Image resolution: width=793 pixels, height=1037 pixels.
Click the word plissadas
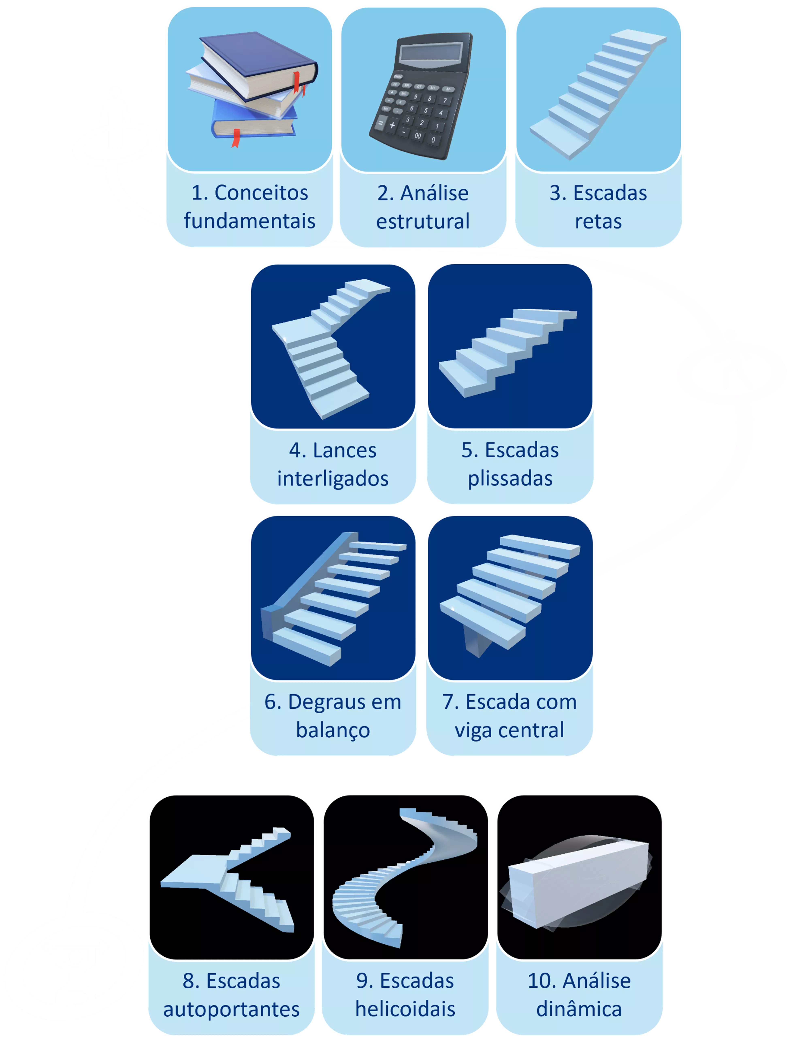point(510,479)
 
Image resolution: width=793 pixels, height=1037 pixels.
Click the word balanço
point(333,730)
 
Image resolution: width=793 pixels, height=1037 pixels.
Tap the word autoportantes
point(231,1009)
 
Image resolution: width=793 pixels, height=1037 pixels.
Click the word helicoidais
point(405,1009)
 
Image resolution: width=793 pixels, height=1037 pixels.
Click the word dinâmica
point(579,1009)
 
